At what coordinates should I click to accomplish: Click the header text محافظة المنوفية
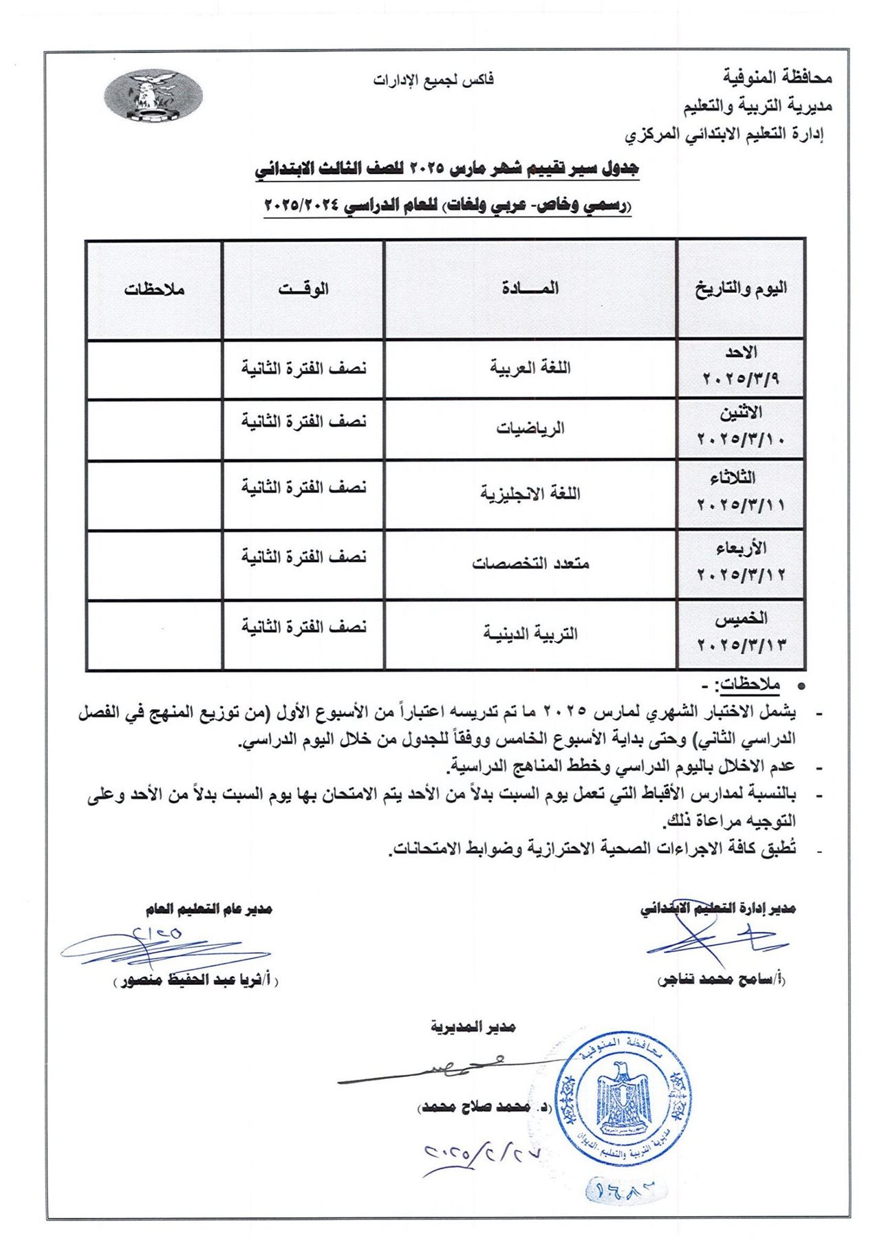point(777,78)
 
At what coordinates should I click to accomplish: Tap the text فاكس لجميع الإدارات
point(433,80)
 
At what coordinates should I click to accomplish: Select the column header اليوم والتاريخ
point(741,289)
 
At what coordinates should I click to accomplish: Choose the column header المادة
point(530,289)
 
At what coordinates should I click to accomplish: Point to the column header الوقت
point(303,289)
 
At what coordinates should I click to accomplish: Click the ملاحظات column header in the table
point(154,290)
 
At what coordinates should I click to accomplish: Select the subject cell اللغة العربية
point(530,368)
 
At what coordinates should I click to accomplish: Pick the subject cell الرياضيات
point(530,428)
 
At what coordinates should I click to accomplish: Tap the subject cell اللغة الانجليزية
point(530,494)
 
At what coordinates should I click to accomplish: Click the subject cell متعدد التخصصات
point(530,564)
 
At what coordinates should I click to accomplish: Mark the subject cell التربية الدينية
point(530,633)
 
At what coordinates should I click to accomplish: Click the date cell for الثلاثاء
point(741,492)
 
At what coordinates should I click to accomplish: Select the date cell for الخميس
point(741,633)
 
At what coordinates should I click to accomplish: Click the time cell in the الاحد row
point(303,369)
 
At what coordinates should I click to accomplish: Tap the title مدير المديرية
point(473,1027)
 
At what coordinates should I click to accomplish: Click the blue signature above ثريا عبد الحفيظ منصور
point(162,946)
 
